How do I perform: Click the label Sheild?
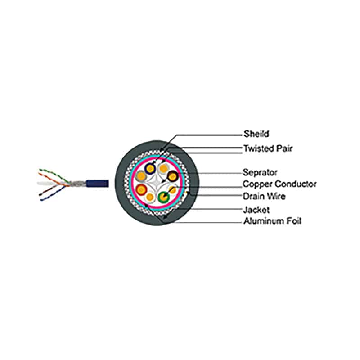(x=256, y=134)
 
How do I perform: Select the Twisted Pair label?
(x=268, y=148)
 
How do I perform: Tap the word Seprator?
(x=260, y=172)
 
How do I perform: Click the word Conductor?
(x=295, y=184)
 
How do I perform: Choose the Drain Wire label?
(x=264, y=196)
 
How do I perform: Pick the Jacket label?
(x=256, y=210)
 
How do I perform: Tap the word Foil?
(x=293, y=221)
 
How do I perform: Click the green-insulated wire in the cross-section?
(x=163, y=197)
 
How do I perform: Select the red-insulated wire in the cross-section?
(x=141, y=189)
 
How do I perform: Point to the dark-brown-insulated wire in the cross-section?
(x=172, y=176)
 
